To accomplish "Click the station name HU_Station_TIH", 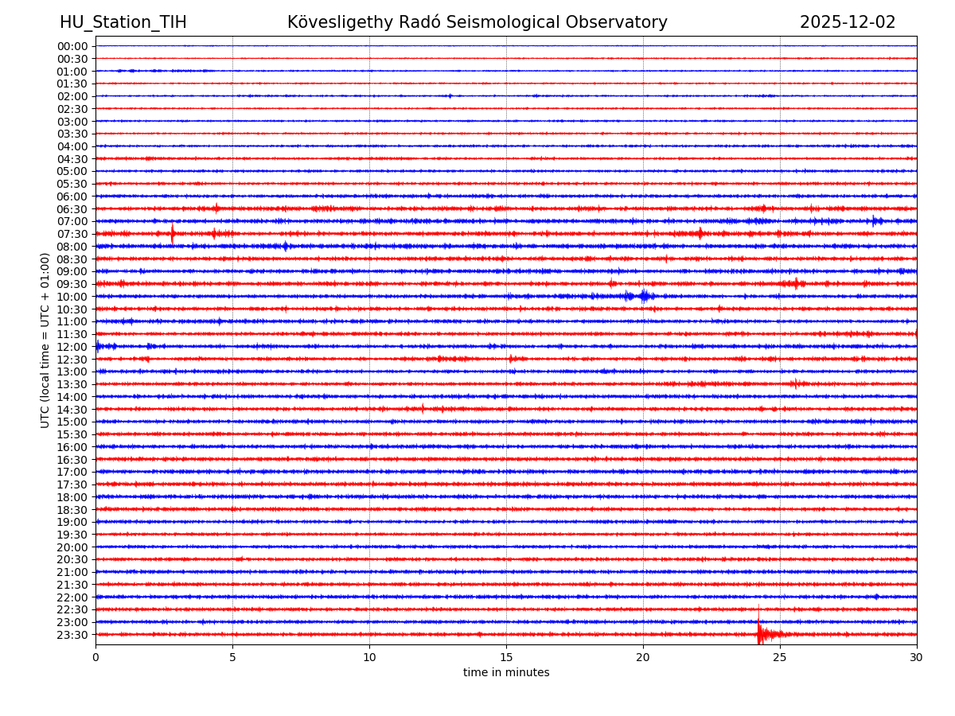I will click(123, 22).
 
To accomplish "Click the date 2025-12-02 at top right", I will click(848, 22).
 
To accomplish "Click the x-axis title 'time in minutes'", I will click(506, 673).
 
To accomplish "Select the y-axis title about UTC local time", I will click(45, 340).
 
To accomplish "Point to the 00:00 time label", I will click(72, 46).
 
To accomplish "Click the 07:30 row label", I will click(72, 234).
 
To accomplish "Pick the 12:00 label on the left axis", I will click(72, 347).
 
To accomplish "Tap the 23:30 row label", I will click(72, 635).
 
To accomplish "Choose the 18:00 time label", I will click(72, 497).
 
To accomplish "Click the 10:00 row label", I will click(72, 297).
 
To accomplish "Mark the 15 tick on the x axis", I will click(506, 658).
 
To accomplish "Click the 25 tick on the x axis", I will click(780, 658).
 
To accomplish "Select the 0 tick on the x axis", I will click(95, 658).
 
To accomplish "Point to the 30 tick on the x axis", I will click(917, 658).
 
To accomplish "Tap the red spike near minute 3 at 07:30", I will click(173, 234).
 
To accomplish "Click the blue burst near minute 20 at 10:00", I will click(643, 297).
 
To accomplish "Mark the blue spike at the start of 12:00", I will click(98, 346).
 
